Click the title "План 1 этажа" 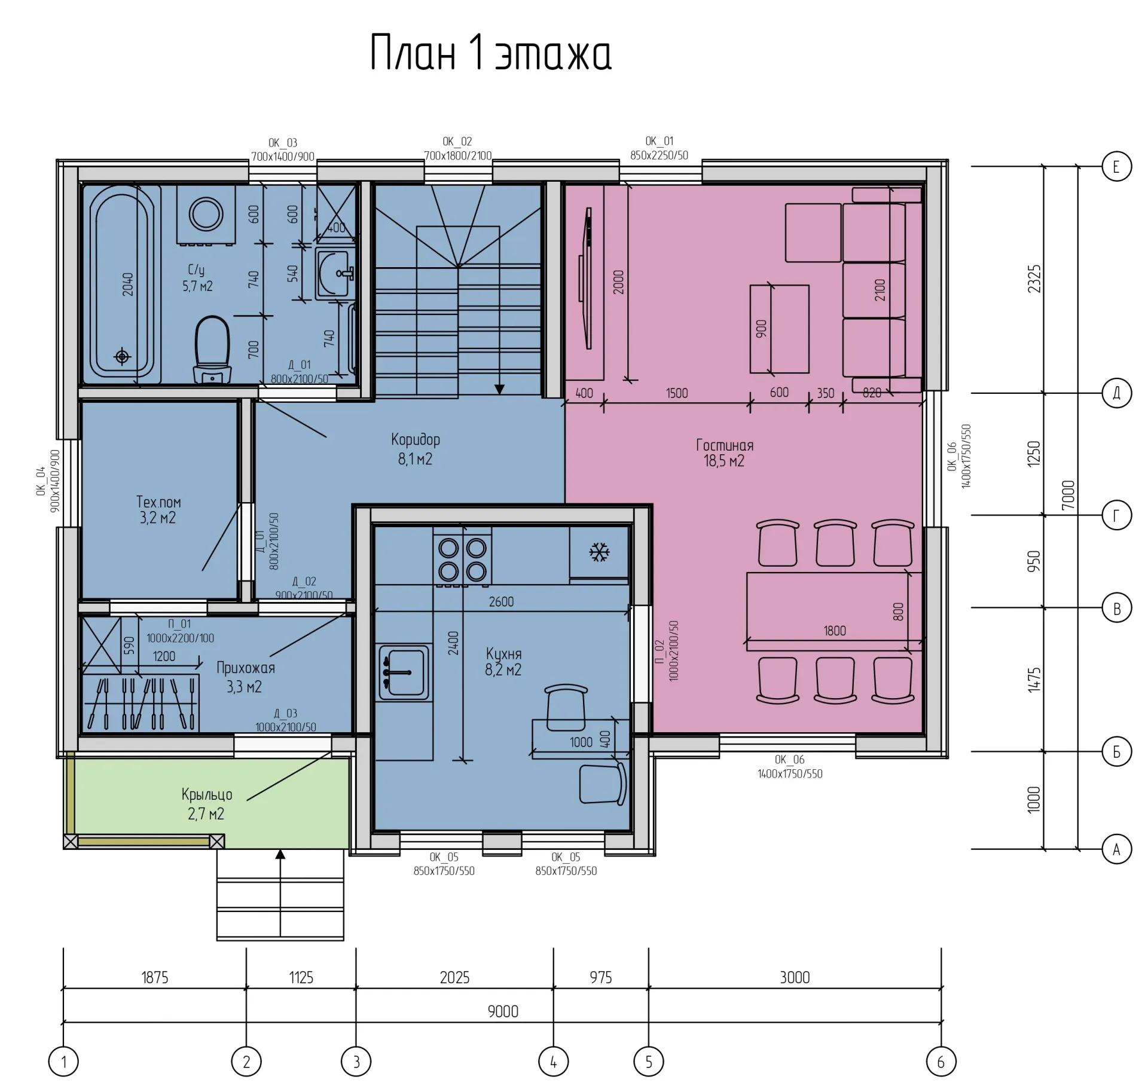pyautogui.click(x=491, y=52)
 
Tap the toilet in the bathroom pyautogui.click(x=212, y=350)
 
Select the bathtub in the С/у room pyautogui.click(x=122, y=284)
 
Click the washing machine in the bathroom pyautogui.click(x=206, y=215)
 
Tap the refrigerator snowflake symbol pyautogui.click(x=599, y=552)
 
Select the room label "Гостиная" pyautogui.click(x=724, y=445)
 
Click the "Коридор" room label pyautogui.click(x=416, y=440)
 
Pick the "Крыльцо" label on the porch pyautogui.click(x=207, y=795)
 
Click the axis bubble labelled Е pyautogui.click(x=1116, y=167)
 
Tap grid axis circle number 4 pyautogui.click(x=553, y=1062)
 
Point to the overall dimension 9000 pyautogui.click(x=503, y=1011)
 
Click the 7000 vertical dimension pyautogui.click(x=1068, y=495)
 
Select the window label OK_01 pyautogui.click(x=659, y=141)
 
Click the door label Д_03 pyautogui.click(x=286, y=713)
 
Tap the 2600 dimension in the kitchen pyautogui.click(x=501, y=602)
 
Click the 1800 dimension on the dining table pyautogui.click(x=835, y=631)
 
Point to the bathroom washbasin pyautogui.click(x=333, y=274)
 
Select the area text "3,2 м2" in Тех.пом pyautogui.click(x=158, y=518)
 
